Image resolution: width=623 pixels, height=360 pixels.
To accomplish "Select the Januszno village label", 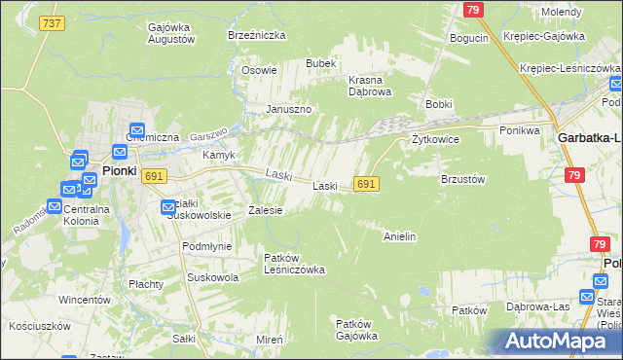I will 289,109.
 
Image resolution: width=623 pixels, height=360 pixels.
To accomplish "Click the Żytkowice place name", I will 435,139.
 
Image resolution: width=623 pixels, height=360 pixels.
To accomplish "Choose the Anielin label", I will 400,235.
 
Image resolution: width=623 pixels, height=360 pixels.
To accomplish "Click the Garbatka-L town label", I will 588,138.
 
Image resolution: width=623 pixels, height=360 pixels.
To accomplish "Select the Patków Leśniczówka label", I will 295,263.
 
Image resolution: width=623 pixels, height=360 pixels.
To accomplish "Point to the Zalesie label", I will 265,209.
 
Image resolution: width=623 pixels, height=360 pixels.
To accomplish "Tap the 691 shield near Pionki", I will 153,175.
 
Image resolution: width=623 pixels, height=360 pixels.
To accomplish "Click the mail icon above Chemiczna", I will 137,128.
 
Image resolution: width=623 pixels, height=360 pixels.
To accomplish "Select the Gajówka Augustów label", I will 171,34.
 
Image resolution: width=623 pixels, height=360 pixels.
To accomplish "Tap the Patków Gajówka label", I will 356,329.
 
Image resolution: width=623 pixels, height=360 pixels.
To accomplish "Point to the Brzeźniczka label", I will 256,34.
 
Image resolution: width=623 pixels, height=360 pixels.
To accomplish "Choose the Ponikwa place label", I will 519,129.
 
